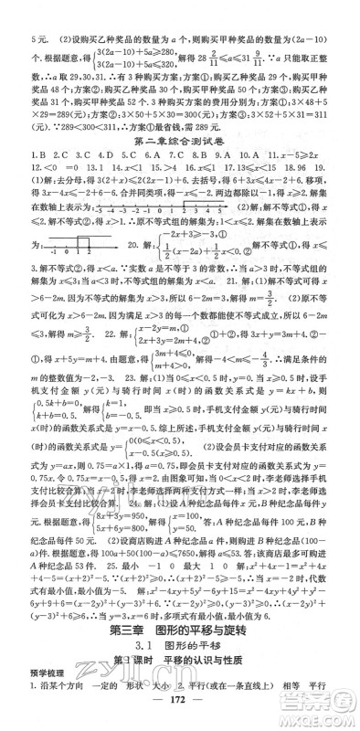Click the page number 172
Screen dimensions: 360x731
tap(180, 714)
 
